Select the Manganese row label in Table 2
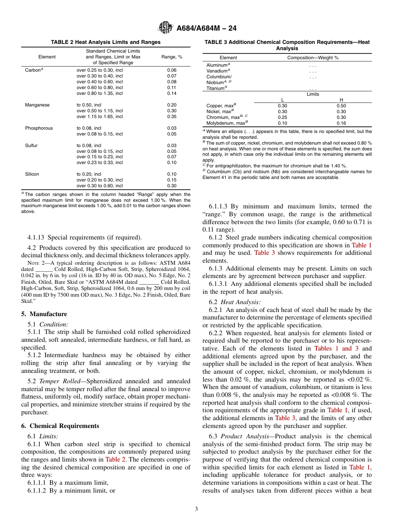(x=37, y=105)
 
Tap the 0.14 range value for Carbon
(x=172, y=94)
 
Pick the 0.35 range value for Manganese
(x=172, y=117)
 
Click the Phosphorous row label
(x=39, y=128)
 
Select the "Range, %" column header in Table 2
(x=172, y=57)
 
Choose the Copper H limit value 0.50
(x=341, y=106)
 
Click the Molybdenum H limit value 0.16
(x=341, y=123)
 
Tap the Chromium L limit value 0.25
(x=283, y=117)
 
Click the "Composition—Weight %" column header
(x=313, y=58)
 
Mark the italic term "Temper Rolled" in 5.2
(x=57, y=381)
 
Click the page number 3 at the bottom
(x=196, y=509)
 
